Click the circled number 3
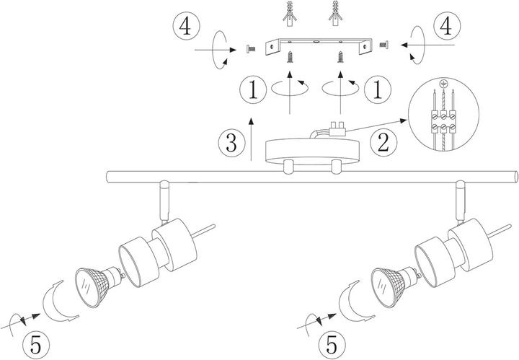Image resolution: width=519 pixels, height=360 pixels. [231, 143]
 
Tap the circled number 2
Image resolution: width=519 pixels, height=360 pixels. [383, 143]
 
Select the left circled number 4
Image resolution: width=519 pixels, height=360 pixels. [187, 27]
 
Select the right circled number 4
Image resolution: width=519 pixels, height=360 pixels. [445, 27]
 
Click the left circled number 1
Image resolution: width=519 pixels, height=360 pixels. [253, 89]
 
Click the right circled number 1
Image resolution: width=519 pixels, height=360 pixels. [378, 89]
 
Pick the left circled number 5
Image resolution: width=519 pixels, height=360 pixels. [36, 346]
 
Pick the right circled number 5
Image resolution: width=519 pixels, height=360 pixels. [332, 344]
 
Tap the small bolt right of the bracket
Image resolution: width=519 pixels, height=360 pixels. [384, 45]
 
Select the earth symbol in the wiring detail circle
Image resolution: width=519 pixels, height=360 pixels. [443, 84]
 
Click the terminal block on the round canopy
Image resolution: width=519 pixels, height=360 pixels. [337, 129]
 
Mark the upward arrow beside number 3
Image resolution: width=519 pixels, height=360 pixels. [252, 139]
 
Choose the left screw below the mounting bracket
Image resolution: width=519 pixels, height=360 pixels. [290, 57]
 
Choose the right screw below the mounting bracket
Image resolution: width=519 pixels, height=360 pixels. [340, 57]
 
